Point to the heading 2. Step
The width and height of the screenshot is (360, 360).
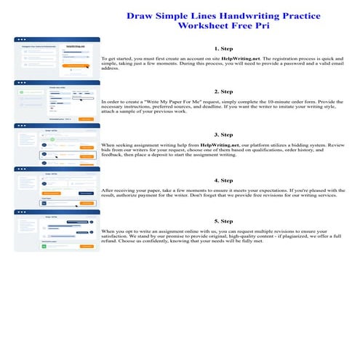(x=223, y=92)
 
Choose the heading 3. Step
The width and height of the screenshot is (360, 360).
(x=223, y=135)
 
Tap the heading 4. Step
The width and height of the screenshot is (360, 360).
(x=223, y=180)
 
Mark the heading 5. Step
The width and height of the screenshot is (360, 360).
(x=223, y=220)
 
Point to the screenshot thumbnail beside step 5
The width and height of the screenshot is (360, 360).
(x=57, y=231)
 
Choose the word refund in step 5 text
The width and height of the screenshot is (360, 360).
(x=110, y=242)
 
